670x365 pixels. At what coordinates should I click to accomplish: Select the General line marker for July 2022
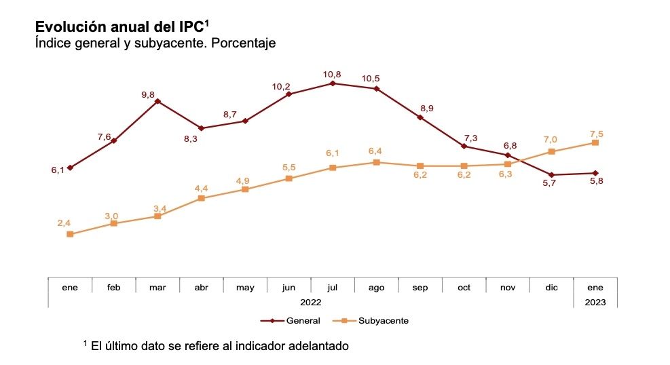click(333, 83)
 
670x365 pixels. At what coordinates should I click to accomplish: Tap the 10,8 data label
click(332, 73)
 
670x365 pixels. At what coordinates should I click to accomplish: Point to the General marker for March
click(157, 101)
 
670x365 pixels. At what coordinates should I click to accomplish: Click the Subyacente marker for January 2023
click(595, 142)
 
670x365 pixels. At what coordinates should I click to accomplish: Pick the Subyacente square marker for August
click(376, 162)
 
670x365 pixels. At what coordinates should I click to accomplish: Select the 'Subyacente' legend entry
click(383, 320)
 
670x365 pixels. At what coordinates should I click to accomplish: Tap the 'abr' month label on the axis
click(202, 288)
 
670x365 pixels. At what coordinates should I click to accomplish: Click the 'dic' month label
click(551, 288)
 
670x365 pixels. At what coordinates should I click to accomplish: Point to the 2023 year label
click(595, 301)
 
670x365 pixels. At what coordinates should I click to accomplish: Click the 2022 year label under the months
click(310, 301)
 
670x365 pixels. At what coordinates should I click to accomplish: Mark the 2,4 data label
click(64, 223)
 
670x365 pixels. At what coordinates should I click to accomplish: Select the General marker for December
click(551, 174)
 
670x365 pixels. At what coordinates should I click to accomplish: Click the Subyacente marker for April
click(202, 198)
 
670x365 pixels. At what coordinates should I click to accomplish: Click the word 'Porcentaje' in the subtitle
click(242, 43)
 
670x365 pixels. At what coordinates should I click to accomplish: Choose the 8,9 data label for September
click(427, 108)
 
